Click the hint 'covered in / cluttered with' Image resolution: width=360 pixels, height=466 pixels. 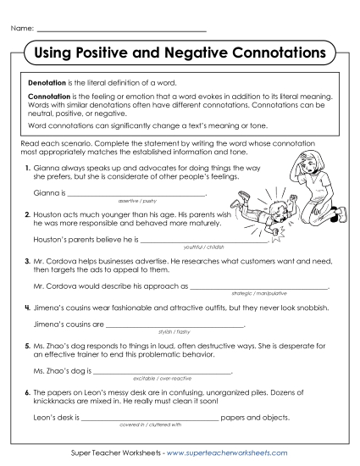(x=151, y=424)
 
